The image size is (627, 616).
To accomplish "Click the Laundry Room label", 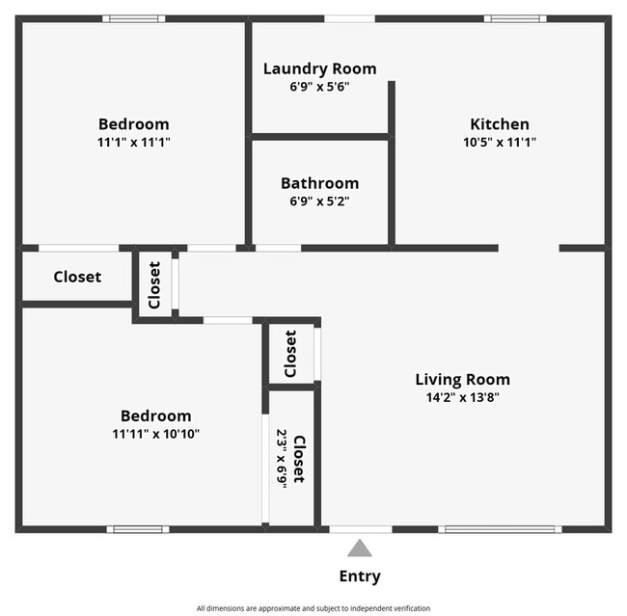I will point(319,68).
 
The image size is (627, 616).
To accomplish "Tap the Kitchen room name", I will point(499,123).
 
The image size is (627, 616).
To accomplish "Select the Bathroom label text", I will point(319,183).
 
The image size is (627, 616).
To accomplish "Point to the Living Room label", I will point(462,379).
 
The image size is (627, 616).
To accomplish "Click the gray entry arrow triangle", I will point(360,549).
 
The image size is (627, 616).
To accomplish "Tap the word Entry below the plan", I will point(360,576).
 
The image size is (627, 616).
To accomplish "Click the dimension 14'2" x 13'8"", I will point(462,396).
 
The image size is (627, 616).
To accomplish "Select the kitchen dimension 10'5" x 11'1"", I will point(499,142).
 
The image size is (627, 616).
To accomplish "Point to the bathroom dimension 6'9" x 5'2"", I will point(319,201).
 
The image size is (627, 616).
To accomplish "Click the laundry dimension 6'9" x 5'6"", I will point(319,86).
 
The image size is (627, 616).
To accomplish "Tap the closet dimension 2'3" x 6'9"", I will point(282,458).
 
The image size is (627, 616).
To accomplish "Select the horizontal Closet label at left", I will point(77,277).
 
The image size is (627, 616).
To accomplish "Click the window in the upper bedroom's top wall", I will point(133,18).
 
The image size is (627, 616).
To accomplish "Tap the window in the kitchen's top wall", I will point(514,18).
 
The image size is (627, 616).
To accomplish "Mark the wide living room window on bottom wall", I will point(500,529).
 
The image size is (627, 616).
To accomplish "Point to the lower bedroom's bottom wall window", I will point(138,529).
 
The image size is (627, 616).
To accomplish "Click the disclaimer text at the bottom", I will point(313,608).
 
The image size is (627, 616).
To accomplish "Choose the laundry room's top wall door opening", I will point(349,18).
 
